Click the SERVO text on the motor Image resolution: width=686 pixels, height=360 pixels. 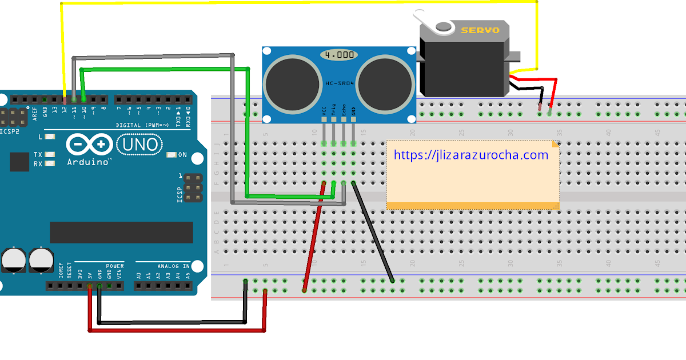tap(480, 30)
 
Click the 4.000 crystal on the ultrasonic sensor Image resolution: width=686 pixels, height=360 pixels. tap(339, 55)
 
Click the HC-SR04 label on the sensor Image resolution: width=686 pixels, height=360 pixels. tap(340, 84)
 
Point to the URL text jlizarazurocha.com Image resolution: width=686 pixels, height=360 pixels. tap(471, 155)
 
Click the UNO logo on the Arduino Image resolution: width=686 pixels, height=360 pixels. tap(138, 145)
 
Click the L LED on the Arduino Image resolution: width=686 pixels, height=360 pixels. tap(50, 137)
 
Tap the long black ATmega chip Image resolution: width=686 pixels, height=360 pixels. tap(121, 232)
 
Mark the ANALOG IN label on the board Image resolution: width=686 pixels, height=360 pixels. tap(174, 266)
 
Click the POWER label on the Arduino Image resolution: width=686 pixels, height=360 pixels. tap(114, 266)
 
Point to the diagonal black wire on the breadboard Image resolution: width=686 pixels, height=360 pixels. tap(373, 232)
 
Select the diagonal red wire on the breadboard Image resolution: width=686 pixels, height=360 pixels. tap(314, 237)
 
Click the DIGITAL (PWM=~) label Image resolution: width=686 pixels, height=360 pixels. tap(142, 125)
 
